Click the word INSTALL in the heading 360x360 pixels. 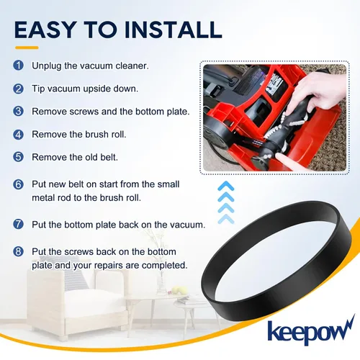pyautogui.click(x=173, y=30)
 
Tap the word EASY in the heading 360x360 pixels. pyautogui.click(x=45, y=30)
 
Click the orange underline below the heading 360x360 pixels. pyautogui.click(x=27, y=48)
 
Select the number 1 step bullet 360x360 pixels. pyautogui.click(x=18, y=66)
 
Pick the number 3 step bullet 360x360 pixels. pyautogui.click(x=18, y=112)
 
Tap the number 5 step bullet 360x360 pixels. pyautogui.click(x=18, y=157)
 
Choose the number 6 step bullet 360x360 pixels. pyautogui.click(x=18, y=184)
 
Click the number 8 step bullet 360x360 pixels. pyautogui.click(x=18, y=252)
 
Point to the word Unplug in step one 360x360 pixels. pyautogui.click(x=47, y=66)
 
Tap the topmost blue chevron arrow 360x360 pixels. pyautogui.click(x=226, y=186)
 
